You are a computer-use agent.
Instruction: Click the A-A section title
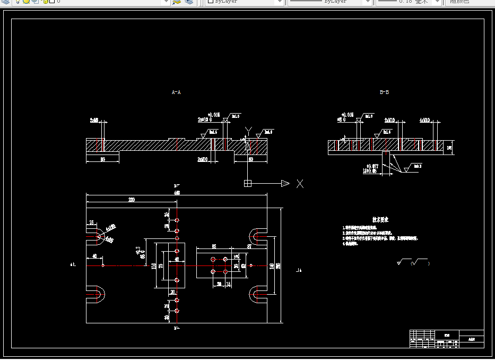pyautogui.click(x=176, y=92)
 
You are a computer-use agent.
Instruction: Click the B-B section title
pyautogui.click(x=384, y=92)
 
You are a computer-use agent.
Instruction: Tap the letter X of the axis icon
pyautogui.click(x=300, y=184)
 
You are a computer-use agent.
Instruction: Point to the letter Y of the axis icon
pyautogui.click(x=248, y=131)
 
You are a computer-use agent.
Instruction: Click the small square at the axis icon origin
pyautogui.click(x=247, y=184)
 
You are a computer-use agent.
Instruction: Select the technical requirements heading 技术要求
pyautogui.click(x=380, y=219)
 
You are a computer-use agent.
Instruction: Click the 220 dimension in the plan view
pyautogui.click(x=131, y=200)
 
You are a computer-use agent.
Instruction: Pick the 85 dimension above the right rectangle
pyautogui.click(x=214, y=246)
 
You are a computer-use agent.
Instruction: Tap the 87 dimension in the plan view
pyautogui.click(x=249, y=246)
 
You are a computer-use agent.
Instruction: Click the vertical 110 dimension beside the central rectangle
pyautogui.click(x=154, y=265)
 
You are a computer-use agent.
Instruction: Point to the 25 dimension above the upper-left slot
pyautogui.click(x=92, y=222)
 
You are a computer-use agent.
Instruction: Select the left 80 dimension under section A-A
pyautogui.click(x=102, y=159)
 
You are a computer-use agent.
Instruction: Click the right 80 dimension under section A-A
pyautogui.click(x=250, y=159)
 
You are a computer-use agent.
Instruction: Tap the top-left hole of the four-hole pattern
pyautogui.click(x=213, y=259)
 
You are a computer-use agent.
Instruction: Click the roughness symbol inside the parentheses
pyautogui.click(x=419, y=262)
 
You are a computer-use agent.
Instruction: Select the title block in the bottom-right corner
pyautogui.click(x=446, y=339)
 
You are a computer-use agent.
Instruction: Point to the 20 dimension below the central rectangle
pyautogui.click(x=172, y=292)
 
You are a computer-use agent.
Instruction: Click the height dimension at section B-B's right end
pyautogui.click(x=449, y=148)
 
